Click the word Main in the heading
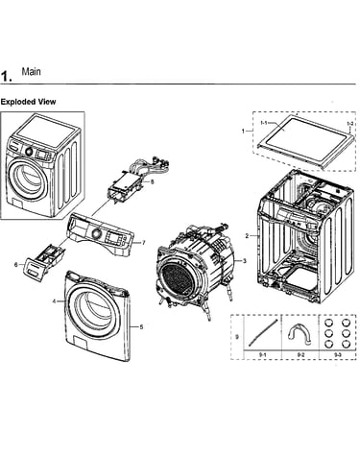31,71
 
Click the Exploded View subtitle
28,102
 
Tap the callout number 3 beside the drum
245,261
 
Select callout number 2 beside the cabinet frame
247,236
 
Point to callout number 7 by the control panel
144,243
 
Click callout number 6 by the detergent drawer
16,265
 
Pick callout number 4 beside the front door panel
54,301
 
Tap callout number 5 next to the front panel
141,326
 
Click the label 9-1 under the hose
262,355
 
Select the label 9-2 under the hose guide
300,355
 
